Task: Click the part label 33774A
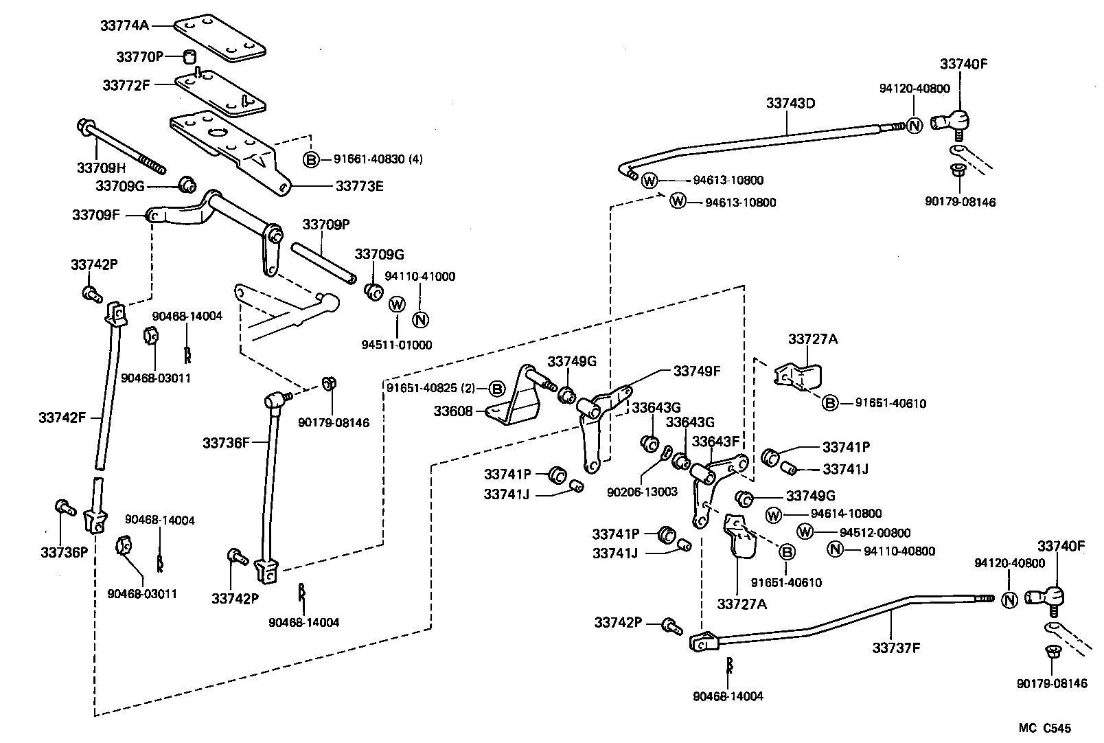click(x=124, y=25)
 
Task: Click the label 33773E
click(x=359, y=185)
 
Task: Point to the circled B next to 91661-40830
click(x=311, y=159)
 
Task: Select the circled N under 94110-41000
click(x=420, y=319)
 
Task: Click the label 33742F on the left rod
click(x=62, y=417)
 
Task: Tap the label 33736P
click(x=64, y=551)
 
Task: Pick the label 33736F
click(x=226, y=443)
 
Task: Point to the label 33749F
click(x=696, y=371)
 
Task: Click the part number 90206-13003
click(x=642, y=492)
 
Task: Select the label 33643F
click(x=715, y=441)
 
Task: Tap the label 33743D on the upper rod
click(x=790, y=104)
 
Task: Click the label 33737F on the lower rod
click(x=895, y=647)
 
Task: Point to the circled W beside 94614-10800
click(x=774, y=514)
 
